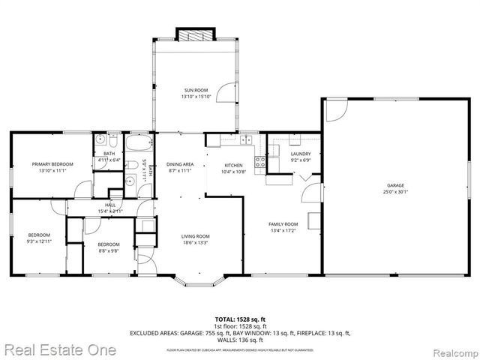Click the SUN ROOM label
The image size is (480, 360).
[196, 90]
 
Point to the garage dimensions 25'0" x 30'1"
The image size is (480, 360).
[395, 191]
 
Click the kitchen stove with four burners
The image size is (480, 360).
[260, 161]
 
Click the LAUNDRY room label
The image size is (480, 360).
[301, 154]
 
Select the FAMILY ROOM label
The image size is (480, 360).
[284, 224]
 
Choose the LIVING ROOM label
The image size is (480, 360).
[196, 236]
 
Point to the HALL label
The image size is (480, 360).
[110, 205]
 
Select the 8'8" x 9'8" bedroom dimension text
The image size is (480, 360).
[109, 250]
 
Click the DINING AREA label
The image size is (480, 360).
[180, 164]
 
